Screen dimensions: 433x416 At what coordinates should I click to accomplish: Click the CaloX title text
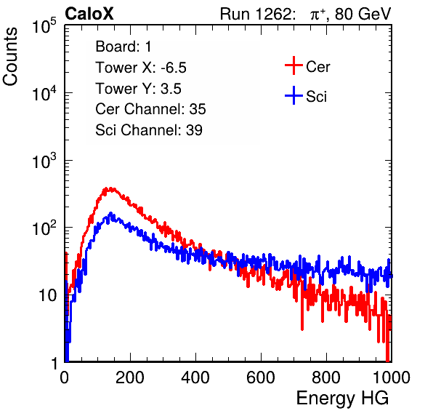pyautogui.click(x=89, y=14)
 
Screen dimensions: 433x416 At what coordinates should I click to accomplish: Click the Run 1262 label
pyautogui.click(x=256, y=14)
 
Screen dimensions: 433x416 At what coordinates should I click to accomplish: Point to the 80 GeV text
pyautogui.click(x=363, y=14)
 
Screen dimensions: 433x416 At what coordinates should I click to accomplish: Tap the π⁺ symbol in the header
pyautogui.click(x=317, y=14)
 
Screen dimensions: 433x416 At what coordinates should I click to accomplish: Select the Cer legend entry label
pyautogui.click(x=317, y=67)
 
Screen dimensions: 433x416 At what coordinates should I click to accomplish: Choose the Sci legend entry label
pyautogui.click(x=316, y=97)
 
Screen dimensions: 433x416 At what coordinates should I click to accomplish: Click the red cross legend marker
pyautogui.click(x=294, y=65)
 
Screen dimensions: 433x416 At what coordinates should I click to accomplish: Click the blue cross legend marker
pyautogui.click(x=294, y=95)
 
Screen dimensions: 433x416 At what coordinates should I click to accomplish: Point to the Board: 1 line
pyautogui.click(x=124, y=46)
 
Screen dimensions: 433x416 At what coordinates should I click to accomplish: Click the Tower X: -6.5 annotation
pyautogui.click(x=141, y=67)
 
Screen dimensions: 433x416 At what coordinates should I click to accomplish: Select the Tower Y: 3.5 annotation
pyautogui.click(x=138, y=89)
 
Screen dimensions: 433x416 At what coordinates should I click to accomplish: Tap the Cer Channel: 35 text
pyautogui.click(x=150, y=109)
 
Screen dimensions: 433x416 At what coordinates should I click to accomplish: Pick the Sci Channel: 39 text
pyautogui.click(x=149, y=130)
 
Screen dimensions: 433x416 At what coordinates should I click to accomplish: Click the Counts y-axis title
pyautogui.click(x=10, y=57)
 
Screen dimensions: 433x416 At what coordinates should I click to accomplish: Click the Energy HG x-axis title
pyautogui.click(x=342, y=398)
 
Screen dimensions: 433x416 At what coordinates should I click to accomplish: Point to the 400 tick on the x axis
pyautogui.click(x=195, y=377)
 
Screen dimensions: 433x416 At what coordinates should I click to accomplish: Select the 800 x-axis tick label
pyautogui.click(x=326, y=377)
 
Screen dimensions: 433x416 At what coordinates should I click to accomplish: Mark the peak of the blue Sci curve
pyautogui.click(x=111, y=213)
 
